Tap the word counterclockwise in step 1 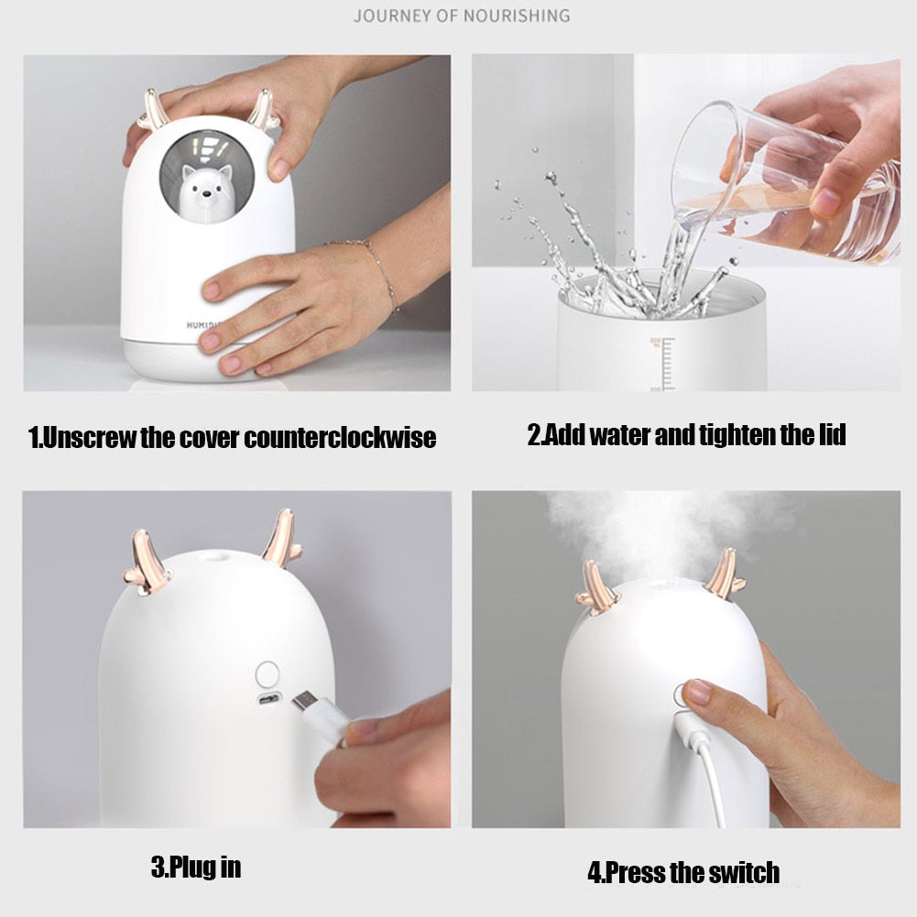340,438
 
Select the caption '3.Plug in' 196,867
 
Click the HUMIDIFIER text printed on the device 199,325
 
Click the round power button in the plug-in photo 267,674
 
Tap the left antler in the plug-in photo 147,562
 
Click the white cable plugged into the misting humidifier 704,766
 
